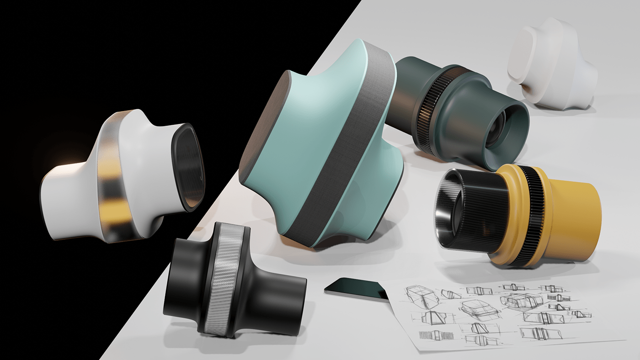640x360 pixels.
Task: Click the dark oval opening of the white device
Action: coord(188,167)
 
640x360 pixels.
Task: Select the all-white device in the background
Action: coord(553,64)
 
